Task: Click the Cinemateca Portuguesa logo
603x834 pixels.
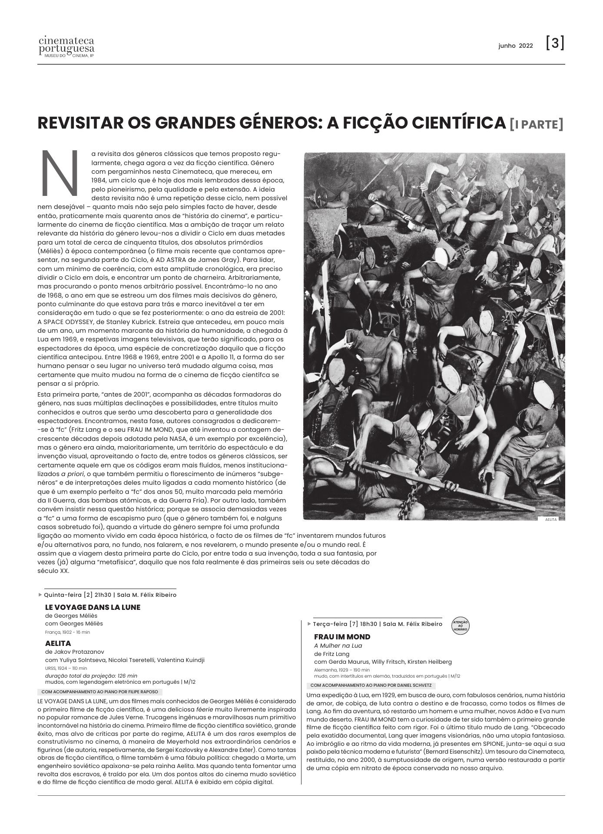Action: pyautogui.click(x=66, y=48)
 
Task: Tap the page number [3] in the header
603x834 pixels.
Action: pyautogui.click(x=555, y=43)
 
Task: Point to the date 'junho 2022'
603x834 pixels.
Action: pyautogui.click(x=515, y=46)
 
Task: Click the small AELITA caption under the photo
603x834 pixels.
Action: pyautogui.click(x=550, y=519)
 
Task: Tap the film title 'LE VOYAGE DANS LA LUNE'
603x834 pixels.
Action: pyautogui.click(x=93, y=607)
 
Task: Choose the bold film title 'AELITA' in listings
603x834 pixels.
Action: pyautogui.click(x=58, y=643)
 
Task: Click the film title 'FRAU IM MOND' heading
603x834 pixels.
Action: pyautogui.click(x=342, y=637)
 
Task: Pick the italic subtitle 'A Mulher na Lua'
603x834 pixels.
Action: pyautogui.click(x=338, y=645)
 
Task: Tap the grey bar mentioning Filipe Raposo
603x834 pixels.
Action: pyautogui.click(x=99, y=692)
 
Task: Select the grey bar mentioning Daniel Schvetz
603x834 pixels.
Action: pyautogui.click(x=371, y=685)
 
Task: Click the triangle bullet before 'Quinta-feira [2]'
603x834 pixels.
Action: pyautogui.click(x=40, y=595)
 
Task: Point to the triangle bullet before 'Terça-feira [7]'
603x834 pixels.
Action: pyautogui.click(x=309, y=624)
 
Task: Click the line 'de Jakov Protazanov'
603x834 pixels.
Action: pyautogui.click(x=74, y=652)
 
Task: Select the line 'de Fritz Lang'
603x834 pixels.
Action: pyautogui.click(x=331, y=654)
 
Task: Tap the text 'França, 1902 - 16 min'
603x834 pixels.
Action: pyautogui.click(x=67, y=632)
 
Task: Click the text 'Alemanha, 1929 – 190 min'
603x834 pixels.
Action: pyautogui.click(x=341, y=670)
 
